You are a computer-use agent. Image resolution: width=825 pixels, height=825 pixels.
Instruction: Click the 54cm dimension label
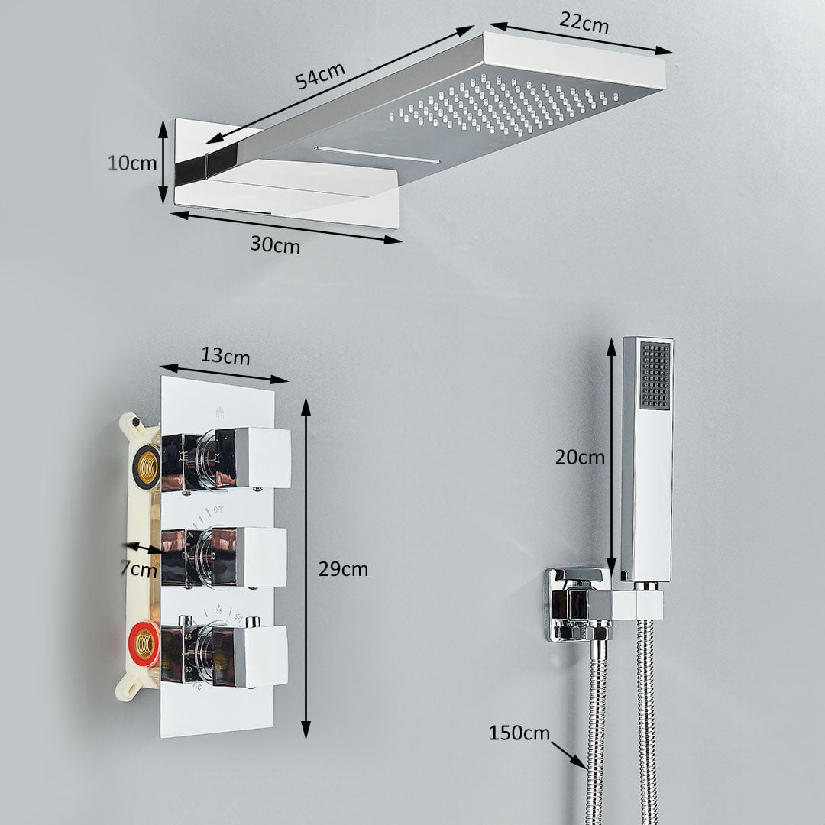click(319, 75)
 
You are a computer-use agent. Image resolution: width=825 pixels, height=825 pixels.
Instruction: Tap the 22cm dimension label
click(584, 22)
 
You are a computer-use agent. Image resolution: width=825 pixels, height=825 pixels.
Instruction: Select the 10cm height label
click(132, 163)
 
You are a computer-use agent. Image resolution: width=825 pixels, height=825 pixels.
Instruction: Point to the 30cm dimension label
click(275, 244)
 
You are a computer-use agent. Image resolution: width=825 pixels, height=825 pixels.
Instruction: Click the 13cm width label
click(225, 356)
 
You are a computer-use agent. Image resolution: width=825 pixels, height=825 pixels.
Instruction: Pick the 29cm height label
click(343, 569)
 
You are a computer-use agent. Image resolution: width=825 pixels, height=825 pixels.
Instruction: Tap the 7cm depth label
click(138, 569)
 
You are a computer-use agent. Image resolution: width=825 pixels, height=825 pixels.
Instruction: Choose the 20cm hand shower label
click(580, 457)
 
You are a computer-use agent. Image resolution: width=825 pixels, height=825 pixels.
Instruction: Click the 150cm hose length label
click(519, 733)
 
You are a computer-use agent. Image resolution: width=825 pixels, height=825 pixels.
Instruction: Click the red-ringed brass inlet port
click(144, 643)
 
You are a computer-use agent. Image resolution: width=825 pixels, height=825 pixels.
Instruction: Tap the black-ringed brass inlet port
click(146, 466)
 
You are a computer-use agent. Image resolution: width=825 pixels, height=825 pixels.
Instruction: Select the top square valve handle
click(226, 458)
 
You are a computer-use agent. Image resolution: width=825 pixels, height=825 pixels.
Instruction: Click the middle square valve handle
click(225, 557)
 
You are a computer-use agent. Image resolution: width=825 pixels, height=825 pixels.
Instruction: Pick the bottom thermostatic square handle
click(225, 655)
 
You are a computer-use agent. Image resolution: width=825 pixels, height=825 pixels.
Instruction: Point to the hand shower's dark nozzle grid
click(655, 375)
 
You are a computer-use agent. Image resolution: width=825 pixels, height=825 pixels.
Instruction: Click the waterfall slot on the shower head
click(377, 154)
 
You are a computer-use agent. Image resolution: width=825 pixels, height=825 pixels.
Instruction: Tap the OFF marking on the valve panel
click(218, 510)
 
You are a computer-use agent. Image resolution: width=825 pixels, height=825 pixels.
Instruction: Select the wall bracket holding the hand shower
click(579, 604)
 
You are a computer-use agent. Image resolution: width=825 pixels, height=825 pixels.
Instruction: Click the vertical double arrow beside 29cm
click(306, 568)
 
